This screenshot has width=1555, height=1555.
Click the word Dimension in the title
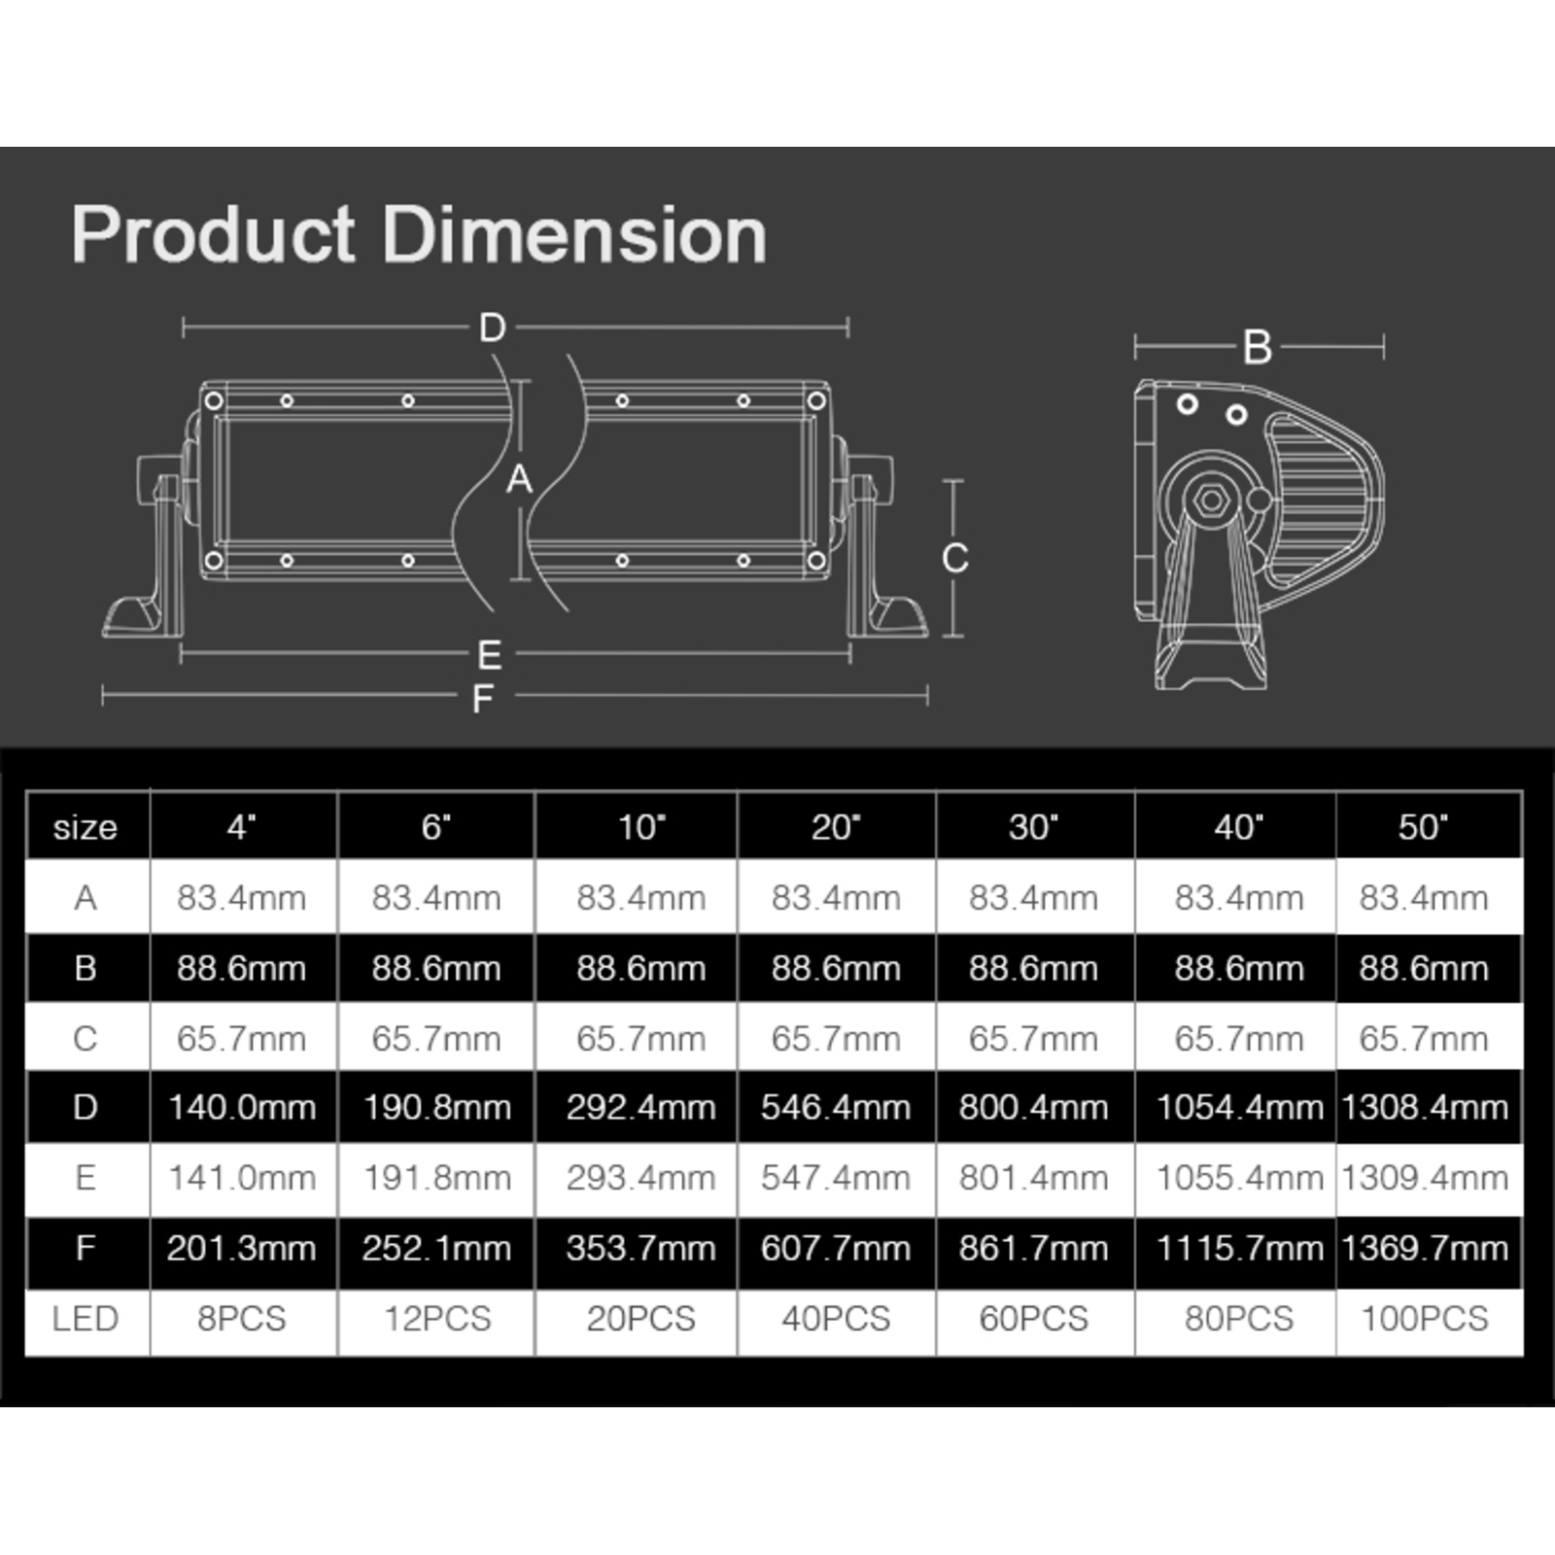tap(574, 235)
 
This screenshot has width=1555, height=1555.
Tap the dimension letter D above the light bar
tap(493, 328)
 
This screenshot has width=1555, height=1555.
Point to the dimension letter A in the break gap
tap(520, 479)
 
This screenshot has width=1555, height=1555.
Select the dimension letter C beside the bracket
tap(954, 558)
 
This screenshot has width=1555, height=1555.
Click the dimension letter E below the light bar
tap(490, 656)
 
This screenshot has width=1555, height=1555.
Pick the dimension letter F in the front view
tap(483, 699)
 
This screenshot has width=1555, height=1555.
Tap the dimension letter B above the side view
tap(1258, 347)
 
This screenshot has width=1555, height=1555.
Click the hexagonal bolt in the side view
tap(1210, 501)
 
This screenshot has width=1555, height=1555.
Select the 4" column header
tap(241, 827)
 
